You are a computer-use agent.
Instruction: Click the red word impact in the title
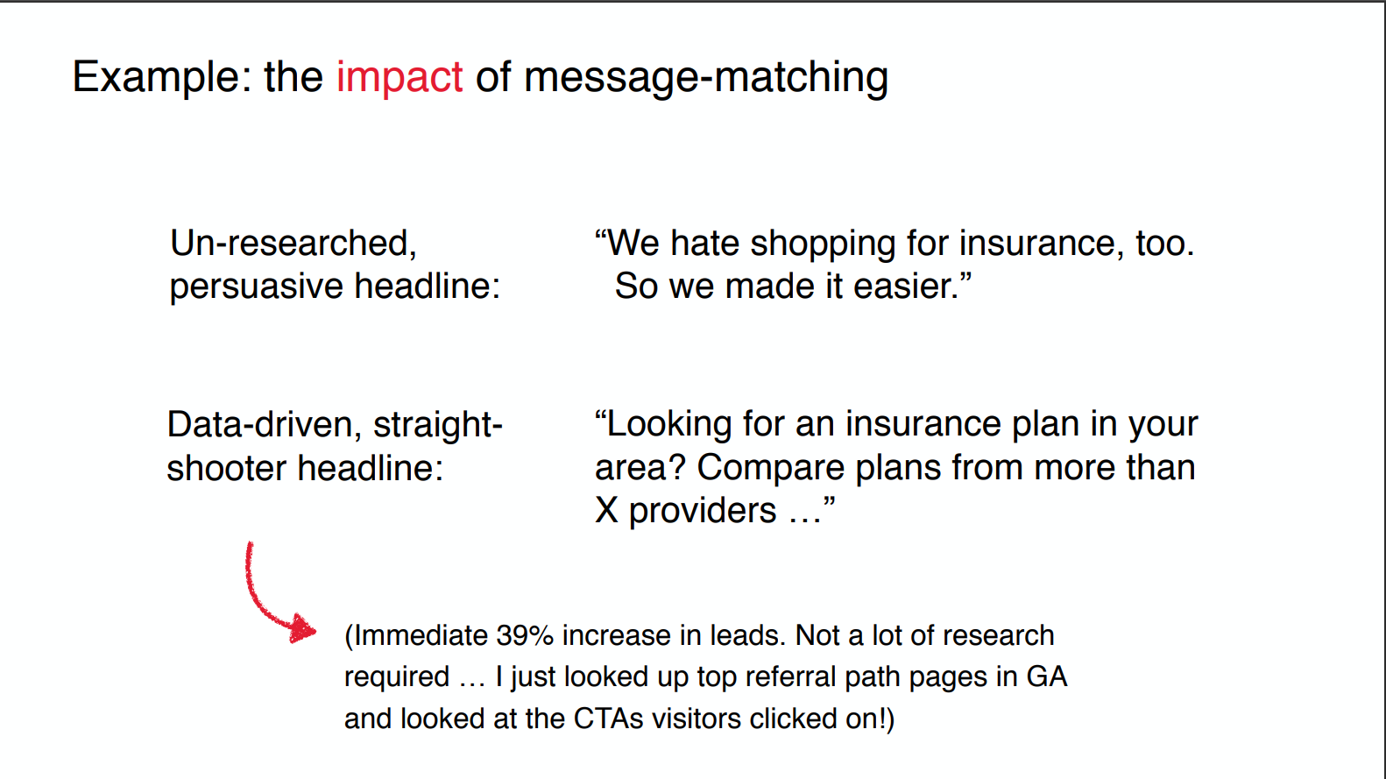pyautogui.click(x=400, y=78)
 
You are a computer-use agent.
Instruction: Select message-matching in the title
pyautogui.click(x=706, y=78)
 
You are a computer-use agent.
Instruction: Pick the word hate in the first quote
pyautogui.click(x=704, y=243)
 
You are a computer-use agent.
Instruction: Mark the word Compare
pyautogui.click(x=770, y=469)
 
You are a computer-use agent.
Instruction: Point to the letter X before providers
pyautogui.click(x=606, y=511)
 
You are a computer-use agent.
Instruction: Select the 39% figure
pyautogui.click(x=524, y=636)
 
